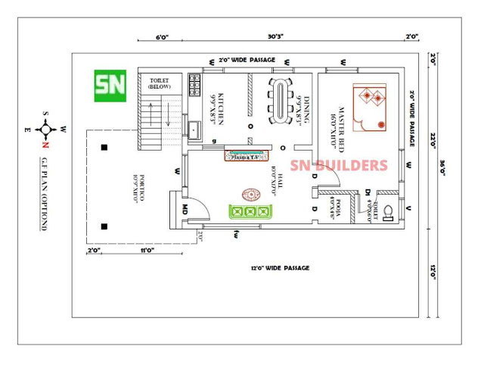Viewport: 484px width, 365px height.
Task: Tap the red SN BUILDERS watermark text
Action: tap(340, 166)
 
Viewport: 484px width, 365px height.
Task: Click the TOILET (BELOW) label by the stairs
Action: tap(160, 83)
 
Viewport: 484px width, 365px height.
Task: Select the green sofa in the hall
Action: tap(246, 212)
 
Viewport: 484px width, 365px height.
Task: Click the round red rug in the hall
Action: tap(249, 193)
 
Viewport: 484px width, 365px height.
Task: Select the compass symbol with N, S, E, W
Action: tap(45, 128)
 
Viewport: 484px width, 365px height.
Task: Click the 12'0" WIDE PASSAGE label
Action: tap(280, 268)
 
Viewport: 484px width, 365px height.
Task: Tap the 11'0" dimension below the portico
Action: tap(147, 249)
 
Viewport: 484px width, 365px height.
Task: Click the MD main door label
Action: tap(185, 207)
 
